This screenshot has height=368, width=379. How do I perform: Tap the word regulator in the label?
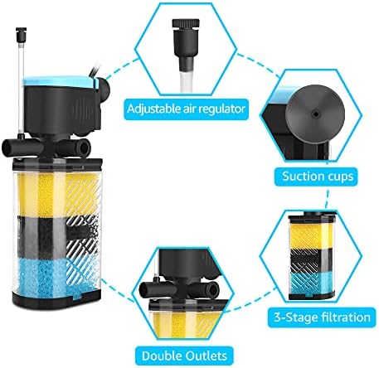221,109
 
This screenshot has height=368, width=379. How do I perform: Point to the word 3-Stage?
293,317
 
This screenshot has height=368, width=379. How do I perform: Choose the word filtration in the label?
343,317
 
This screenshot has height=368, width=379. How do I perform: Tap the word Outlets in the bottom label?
207,356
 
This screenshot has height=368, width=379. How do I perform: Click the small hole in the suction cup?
315,114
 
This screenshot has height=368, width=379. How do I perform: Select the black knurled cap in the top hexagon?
186,23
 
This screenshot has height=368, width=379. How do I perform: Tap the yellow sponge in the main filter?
56,193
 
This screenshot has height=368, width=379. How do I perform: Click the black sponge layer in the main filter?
56,237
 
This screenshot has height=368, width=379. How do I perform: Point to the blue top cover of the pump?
61,80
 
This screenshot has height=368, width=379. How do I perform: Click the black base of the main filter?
56,300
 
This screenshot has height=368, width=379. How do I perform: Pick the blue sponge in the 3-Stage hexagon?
312,283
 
